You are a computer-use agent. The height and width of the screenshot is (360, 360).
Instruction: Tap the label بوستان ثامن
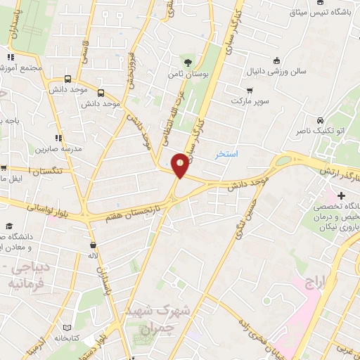point(184,72)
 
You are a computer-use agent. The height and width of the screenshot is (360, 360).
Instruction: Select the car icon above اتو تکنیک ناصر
point(320,120)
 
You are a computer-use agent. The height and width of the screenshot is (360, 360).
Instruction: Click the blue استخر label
point(228,153)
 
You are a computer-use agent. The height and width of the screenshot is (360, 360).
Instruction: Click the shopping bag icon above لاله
point(93,245)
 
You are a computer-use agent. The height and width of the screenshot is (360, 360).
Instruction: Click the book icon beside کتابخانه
point(67,328)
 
